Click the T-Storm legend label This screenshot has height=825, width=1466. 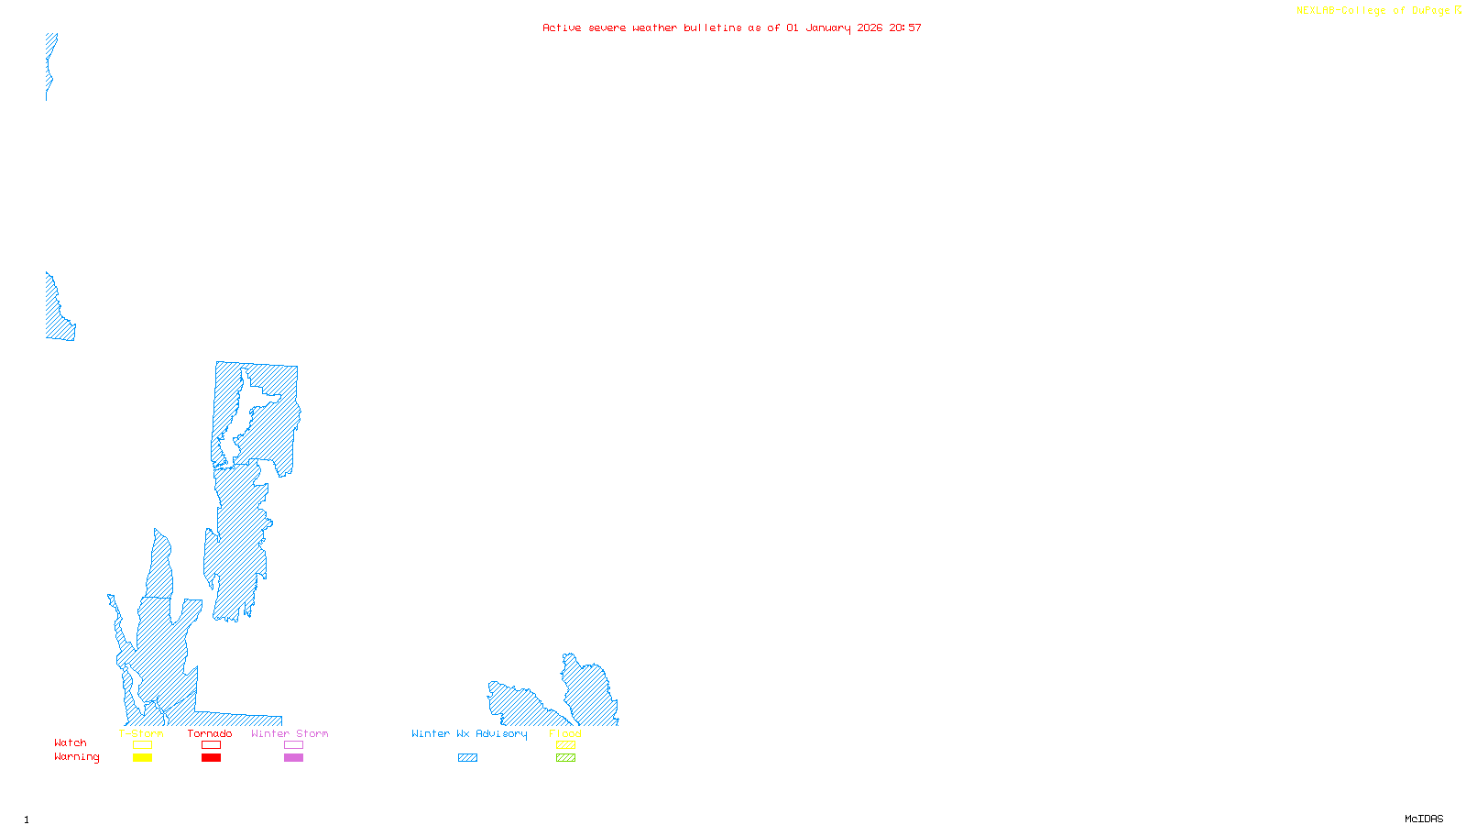pos(141,733)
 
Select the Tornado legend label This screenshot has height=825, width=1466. pos(210,733)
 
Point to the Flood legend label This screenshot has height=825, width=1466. pos(565,733)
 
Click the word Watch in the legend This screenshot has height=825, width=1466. pos(71,742)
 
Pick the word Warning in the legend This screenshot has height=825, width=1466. pos(76,757)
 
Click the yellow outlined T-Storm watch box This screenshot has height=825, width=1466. pos(142,745)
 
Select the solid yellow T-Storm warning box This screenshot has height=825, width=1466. pos(142,758)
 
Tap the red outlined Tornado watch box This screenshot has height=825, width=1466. pos(211,745)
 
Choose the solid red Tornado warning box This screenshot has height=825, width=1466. pos(211,758)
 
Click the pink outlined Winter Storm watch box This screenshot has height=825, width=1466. pos(293,745)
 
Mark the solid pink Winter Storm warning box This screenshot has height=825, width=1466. pos(293,758)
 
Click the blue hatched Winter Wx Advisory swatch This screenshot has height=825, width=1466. pos(467,758)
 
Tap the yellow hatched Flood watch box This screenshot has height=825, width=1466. pos(565,745)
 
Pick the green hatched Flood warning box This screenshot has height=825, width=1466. pos(565,758)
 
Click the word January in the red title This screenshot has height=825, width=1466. pos(828,27)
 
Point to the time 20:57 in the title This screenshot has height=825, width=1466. pos(905,27)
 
